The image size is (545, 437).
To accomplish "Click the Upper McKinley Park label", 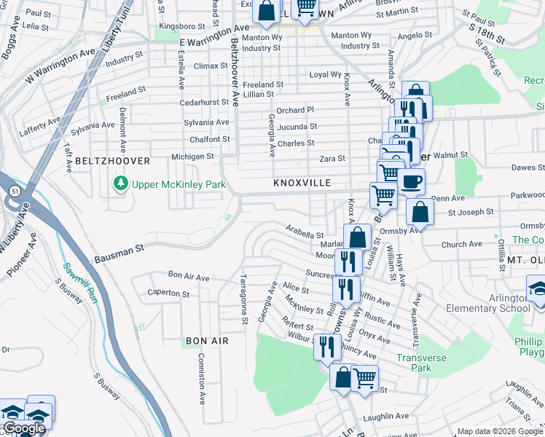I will pos(179,184).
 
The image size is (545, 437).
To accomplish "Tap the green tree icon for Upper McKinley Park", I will pos(121,184).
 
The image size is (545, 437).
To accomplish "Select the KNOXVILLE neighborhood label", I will pos(302,183).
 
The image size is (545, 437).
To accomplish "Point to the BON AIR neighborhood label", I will pos(207,341).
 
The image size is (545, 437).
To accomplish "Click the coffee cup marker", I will pos(412,182).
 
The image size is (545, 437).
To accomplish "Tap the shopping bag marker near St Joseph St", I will pos(420,213).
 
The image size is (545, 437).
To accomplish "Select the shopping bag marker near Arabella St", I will pos(357,237).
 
